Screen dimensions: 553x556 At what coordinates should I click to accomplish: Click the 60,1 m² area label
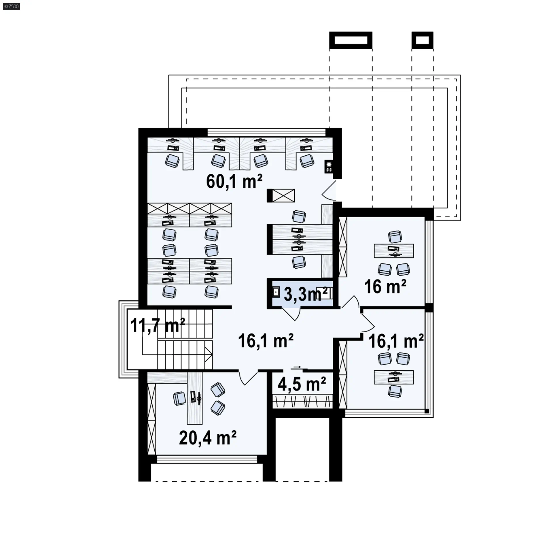[x=234, y=182]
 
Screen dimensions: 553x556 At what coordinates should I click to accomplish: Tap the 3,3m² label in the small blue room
[x=306, y=294]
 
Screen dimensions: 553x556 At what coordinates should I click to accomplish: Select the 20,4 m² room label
[x=208, y=438]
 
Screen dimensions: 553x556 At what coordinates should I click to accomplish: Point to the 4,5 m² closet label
[x=302, y=384]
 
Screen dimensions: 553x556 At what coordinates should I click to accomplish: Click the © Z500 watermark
[x=12, y=6]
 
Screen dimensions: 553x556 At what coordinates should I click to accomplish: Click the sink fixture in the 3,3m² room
[x=276, y=293]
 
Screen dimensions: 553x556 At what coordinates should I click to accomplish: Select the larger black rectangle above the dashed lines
[x=351, y=40]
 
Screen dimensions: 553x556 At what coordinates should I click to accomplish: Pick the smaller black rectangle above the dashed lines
[x=423, y=40]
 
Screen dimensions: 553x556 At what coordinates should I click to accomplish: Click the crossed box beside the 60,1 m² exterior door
[x=283, y=195]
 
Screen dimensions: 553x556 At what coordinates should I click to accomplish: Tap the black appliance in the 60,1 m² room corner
[x=329, y=167]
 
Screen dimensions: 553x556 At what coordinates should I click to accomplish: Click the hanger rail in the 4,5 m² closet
[x=303, y=402]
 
